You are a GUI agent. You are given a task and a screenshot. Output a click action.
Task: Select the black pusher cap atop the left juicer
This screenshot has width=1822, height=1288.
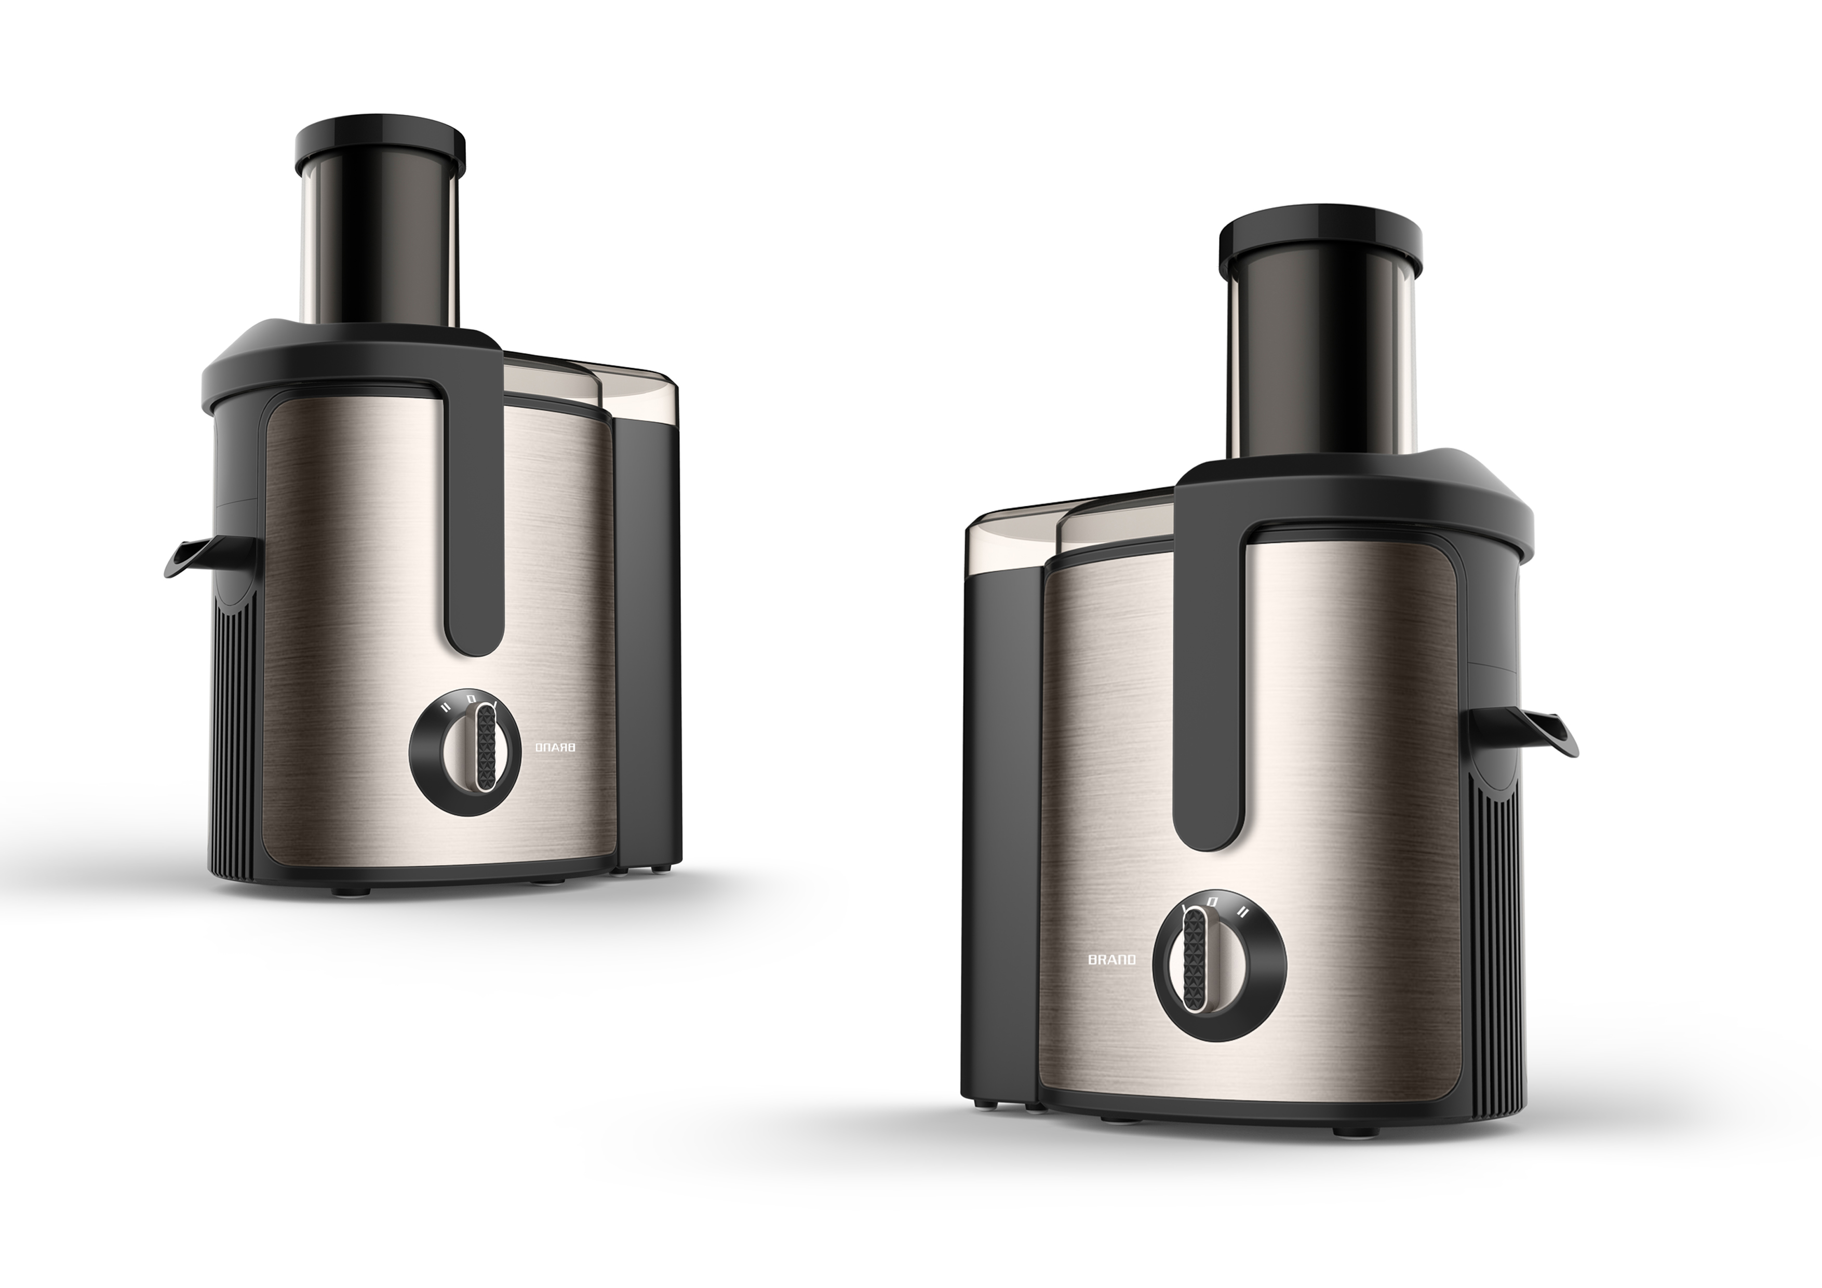(x=379, y=142)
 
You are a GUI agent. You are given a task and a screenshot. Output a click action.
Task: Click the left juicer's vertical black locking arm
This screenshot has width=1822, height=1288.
(x=474, y=508)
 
